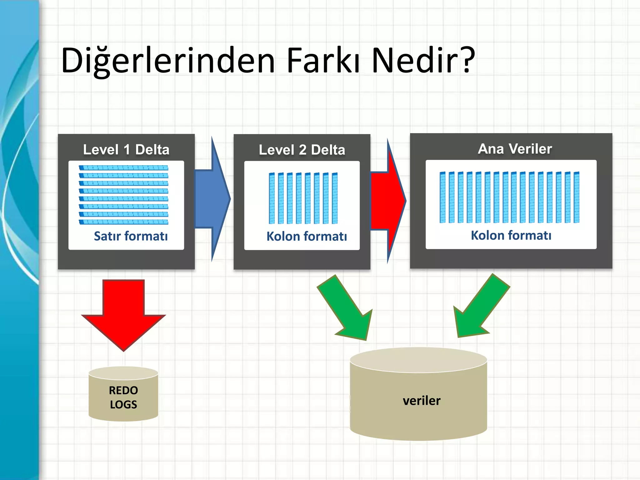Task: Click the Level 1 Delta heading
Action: click(x=126, y=150)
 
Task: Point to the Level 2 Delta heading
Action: click(x=302, y=150)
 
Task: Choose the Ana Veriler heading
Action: click(x=515, y=149)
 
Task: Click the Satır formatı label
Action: click(x=131, y=236)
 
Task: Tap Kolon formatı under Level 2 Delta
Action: click(x=307, y=237)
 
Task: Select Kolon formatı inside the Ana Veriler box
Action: click(x=511, y=236)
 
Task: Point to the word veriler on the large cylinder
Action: click(x=422, y=401)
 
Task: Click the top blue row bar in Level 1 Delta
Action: click(x=123, y=168)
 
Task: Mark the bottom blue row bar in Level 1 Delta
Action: click(x=123, y=222)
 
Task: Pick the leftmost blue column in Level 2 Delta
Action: click(x=272, y=198)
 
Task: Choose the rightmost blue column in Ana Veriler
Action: click(x=577, y=197)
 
